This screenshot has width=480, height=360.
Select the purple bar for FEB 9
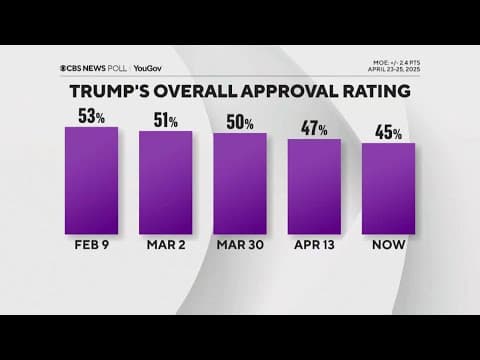[x=91, y=179]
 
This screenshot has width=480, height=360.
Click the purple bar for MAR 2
[x=165, y=183]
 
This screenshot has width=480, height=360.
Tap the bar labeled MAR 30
[x=240, y=184]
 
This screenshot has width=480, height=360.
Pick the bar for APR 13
[x=314, y=187]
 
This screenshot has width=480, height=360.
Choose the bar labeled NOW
[x=388, y=189]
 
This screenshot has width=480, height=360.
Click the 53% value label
[x=92, y=115]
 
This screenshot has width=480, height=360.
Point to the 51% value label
[x=166, y=120]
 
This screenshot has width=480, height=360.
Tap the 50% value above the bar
[x=240, y=122]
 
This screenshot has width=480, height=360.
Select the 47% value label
[x=314, y=129]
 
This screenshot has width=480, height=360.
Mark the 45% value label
[x=388, y=133]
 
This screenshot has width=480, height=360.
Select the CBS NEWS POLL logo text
[x=100, y=68]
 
